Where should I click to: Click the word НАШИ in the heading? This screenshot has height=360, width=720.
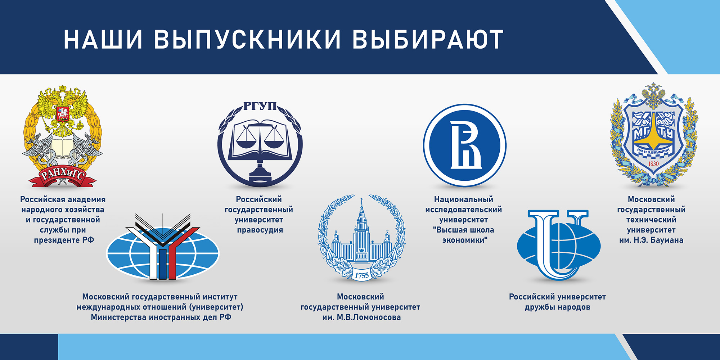tap(103, 39)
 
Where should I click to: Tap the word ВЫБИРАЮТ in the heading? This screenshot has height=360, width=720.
tap(428, 39)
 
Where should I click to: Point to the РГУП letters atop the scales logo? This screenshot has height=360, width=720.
tap(260, 106)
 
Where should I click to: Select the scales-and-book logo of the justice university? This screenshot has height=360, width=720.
tap(260, 144)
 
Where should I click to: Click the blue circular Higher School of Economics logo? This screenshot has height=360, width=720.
tap(465, 145)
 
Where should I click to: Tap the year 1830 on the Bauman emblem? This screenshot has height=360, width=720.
tap(653, 164)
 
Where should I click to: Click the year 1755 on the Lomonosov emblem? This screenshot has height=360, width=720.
tap(362, 276)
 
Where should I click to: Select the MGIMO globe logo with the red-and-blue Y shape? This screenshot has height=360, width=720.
tap(163, 247)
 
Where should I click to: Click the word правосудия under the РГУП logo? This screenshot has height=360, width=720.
tap(260, 230)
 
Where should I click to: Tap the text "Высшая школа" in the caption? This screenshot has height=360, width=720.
tap(464, 230)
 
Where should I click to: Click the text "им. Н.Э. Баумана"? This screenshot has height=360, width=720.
tap(651, 240)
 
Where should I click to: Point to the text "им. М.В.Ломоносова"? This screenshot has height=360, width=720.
tap(361, 317)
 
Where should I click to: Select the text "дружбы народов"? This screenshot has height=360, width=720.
tap(557, 307)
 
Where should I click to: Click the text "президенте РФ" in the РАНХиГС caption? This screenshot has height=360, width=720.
tap(64, 240)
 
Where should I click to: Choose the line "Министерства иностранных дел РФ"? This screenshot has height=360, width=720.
tap(161, 317)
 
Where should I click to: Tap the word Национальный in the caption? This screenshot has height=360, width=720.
tap(464, 199)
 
